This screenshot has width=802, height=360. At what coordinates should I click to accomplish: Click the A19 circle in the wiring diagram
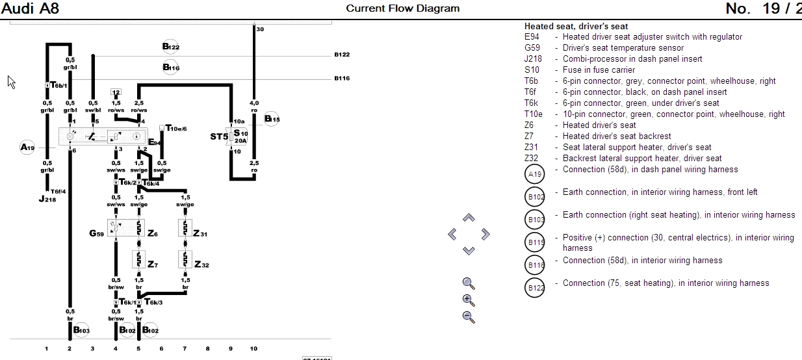[28, 148]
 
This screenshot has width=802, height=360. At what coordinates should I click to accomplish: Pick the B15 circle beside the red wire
[272, 120]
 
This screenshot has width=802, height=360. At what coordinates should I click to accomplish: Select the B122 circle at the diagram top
[171, 46]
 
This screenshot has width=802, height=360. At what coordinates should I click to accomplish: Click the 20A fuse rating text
[240, 140]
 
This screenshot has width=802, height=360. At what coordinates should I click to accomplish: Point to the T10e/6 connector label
[176, 129]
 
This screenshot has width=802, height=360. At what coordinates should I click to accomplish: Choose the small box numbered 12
[116, 92]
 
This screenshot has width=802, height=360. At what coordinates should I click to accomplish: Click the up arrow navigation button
[469, 218]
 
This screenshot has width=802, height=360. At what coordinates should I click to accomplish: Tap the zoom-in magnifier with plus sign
[469, 300]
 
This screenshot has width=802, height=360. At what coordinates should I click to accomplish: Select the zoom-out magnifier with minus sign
[469, 317]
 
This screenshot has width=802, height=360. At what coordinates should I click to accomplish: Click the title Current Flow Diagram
[402, 8]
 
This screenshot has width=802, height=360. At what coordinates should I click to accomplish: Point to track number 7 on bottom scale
[185, 349]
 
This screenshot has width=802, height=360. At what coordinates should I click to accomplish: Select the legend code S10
[532, 70]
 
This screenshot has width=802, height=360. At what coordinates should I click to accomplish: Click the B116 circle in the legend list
[536, 265]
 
